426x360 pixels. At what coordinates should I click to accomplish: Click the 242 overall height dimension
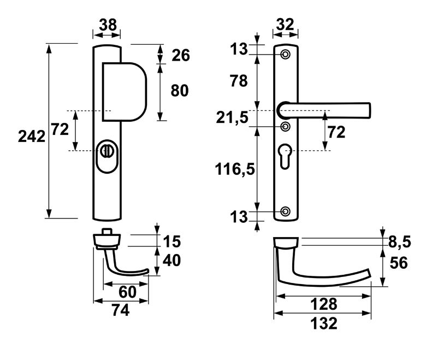31,137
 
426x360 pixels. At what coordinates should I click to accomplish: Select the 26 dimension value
180,55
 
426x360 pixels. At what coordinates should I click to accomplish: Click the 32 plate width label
286,25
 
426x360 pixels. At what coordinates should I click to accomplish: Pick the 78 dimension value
239,81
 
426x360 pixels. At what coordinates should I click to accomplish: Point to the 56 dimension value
399,263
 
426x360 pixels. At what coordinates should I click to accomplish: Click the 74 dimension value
120,310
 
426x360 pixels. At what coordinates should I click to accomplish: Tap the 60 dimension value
127,292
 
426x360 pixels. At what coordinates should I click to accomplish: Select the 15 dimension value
172,241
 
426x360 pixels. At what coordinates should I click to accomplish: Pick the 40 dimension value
172,261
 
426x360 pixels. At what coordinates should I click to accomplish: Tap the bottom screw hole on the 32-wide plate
285,211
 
